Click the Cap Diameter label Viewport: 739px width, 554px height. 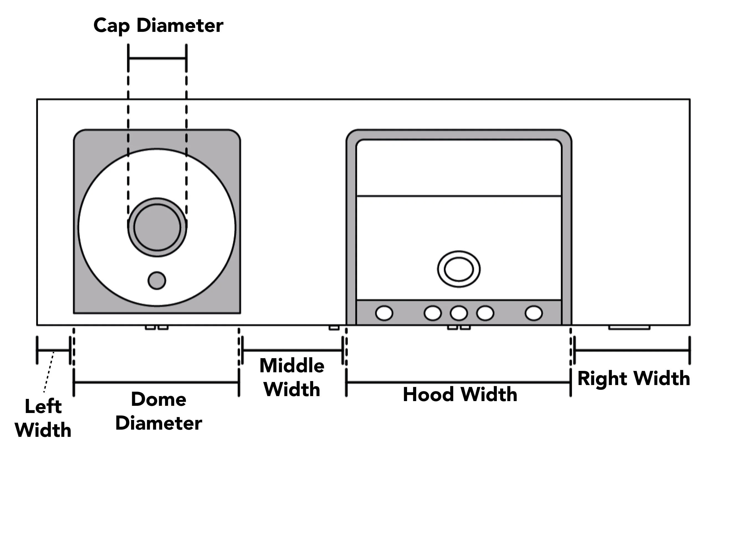click(158, 26)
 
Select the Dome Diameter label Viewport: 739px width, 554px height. click(159, 411)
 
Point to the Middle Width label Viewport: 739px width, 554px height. click(292, 377)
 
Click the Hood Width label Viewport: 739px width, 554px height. click(460, 394)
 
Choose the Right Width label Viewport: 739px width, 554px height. click(634, 379)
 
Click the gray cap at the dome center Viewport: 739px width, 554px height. click(157, 227)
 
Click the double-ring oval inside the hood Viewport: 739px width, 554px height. click(459, 269)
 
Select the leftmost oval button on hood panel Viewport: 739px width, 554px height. click(384, 313)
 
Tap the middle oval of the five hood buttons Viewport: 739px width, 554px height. click(459, 313)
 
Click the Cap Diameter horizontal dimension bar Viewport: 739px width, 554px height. click(157, 58)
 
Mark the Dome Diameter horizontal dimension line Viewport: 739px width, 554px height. click(156, 382)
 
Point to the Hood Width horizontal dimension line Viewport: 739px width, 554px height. click(458, 382)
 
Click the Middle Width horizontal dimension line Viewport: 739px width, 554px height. click(292, 350)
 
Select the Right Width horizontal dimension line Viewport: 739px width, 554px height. click(632, 350)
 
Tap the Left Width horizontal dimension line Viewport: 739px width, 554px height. click(53, 350)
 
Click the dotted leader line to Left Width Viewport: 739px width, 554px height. click(48, 372)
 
